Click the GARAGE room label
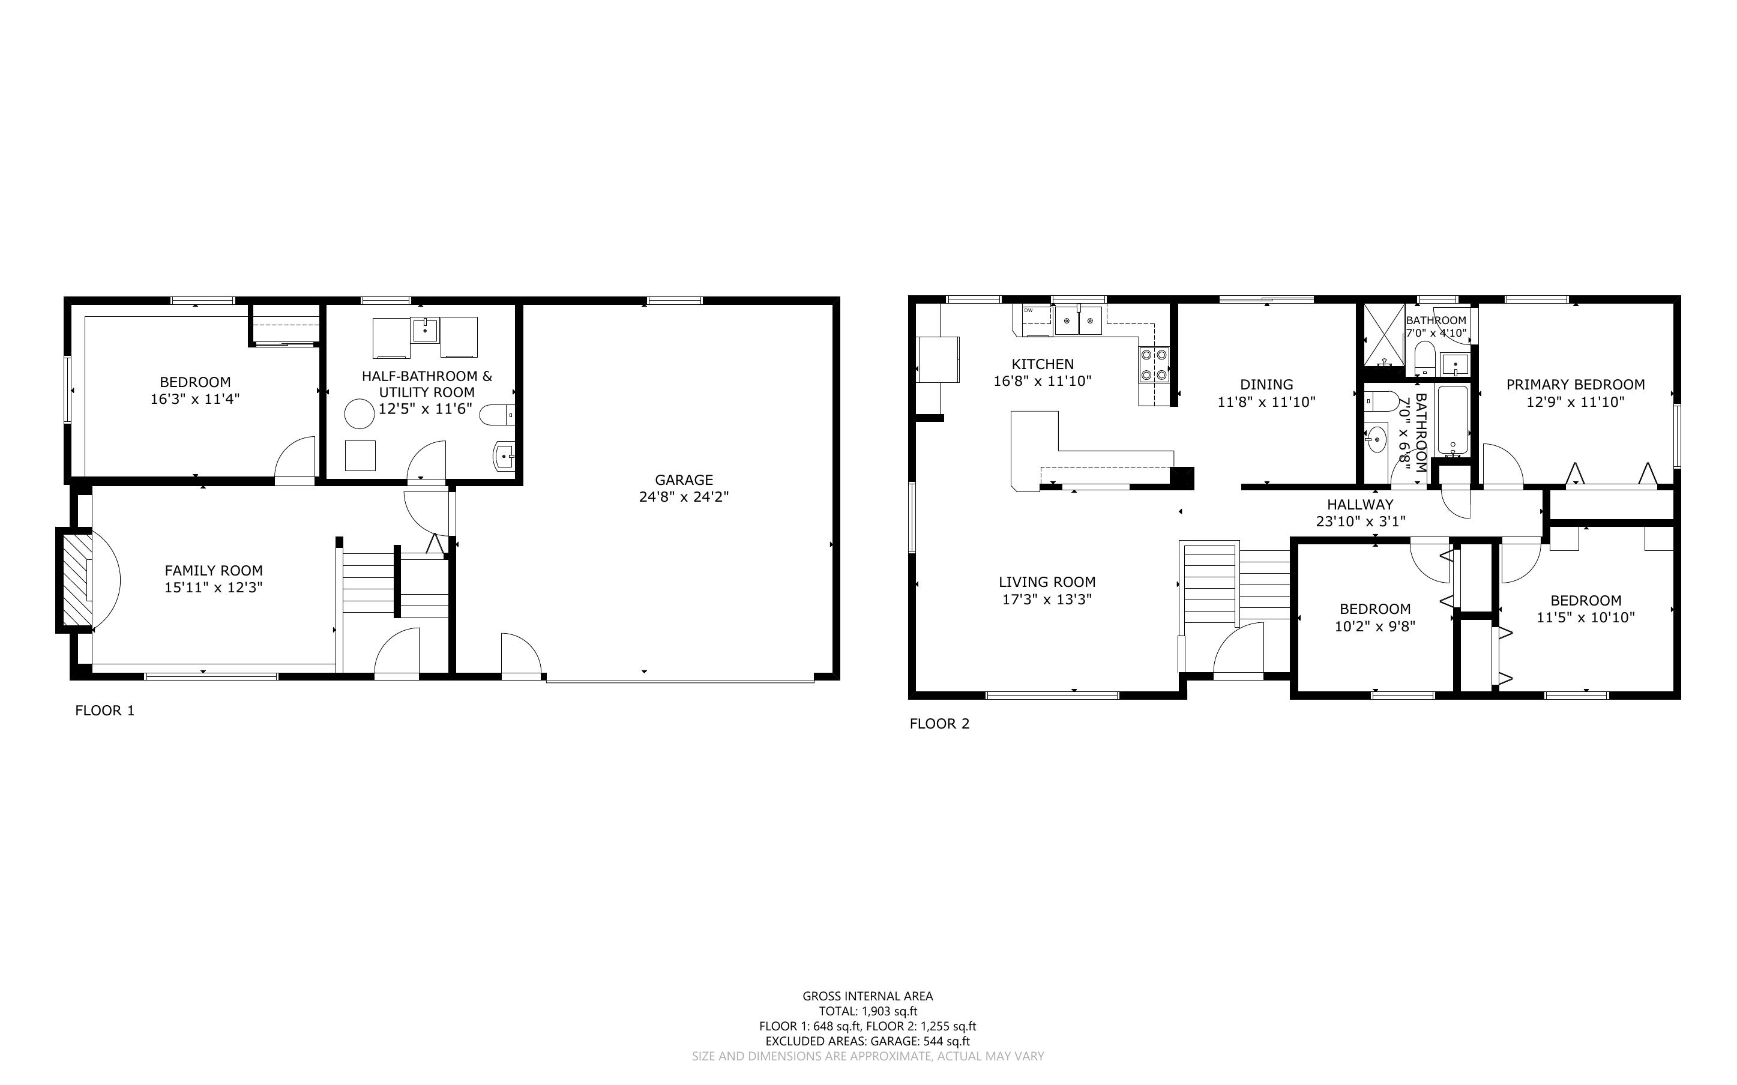point(684,480)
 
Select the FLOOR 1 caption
point(105,711)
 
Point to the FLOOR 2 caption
point(939,723)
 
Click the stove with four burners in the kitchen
point(1154,364)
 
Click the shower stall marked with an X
point(1384,334)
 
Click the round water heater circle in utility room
point(359,414)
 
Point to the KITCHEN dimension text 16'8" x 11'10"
point(1043,381)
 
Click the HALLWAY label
point(1359,505)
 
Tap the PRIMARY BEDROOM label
point(1576,385)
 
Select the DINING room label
point(1266,385)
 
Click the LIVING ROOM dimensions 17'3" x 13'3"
point(1047,599)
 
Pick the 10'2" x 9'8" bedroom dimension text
point(1374,627)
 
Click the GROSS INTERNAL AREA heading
point(867,996)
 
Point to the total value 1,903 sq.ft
point(890,1012)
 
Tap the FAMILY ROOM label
point(214,571)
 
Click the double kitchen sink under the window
point(1079,320)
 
